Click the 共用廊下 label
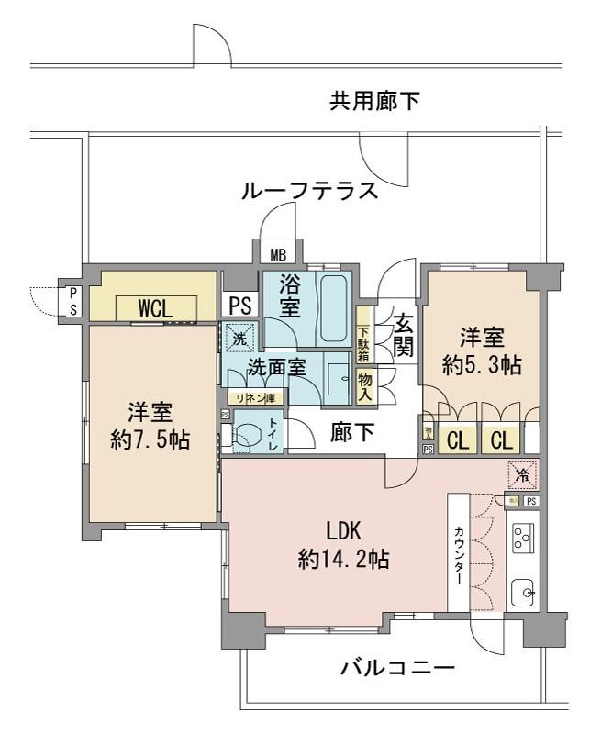(x=375, y=102)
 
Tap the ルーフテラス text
(x=309, y=192)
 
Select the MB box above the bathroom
(x=276, y=254)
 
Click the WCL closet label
(x=155, y=308)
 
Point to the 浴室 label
(x=289, y=296)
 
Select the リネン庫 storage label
(x=258, y=396)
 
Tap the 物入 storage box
(x=364, y=383)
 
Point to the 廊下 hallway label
(x=351, y=433)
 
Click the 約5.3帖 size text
(x=481, y=365)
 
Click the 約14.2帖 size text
(x=344, y=557)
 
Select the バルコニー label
(x=396, y=667)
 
